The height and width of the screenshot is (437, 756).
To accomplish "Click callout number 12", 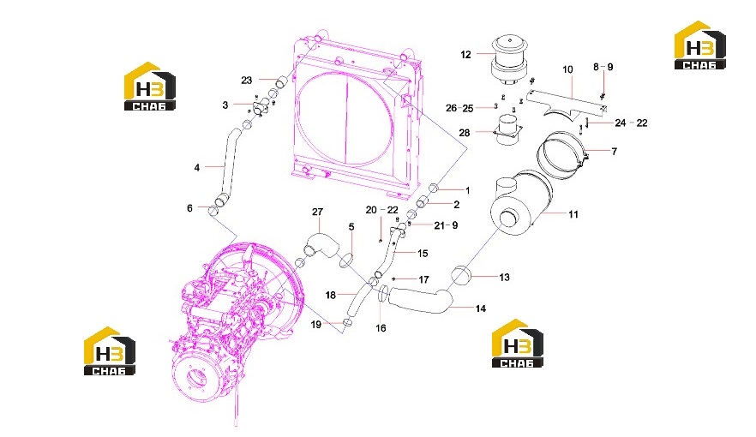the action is [465, 55].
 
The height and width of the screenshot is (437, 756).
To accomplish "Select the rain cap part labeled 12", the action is [508, 61].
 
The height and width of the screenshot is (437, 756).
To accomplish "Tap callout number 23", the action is [246, 80].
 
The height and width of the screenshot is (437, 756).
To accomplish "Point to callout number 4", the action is [197, 168].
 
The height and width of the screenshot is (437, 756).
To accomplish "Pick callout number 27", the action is [317, 212].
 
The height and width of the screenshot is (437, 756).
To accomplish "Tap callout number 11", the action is [573, 214].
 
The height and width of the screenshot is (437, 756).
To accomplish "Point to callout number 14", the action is [480, 308].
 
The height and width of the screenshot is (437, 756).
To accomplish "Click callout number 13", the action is [504, 277].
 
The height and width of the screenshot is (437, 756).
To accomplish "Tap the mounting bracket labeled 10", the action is [567, 102].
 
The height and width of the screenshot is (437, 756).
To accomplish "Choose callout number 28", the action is [464, 133].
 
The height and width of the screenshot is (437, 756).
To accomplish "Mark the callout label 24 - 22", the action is [631, 123].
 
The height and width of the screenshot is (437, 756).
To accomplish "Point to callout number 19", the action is [315, 325].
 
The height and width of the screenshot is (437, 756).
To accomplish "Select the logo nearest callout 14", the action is [518, 343].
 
